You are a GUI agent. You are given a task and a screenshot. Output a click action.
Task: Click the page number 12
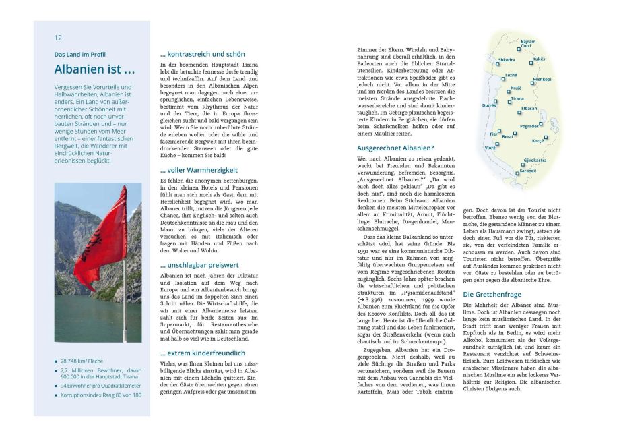point(59,38)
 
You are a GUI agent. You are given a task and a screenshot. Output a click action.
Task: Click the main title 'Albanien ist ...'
point(94,69)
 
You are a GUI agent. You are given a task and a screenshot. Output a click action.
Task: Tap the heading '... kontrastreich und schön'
point(202,54)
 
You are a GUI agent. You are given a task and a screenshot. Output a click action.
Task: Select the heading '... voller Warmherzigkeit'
point(199,171)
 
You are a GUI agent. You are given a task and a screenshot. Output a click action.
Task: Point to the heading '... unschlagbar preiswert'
point(199,266)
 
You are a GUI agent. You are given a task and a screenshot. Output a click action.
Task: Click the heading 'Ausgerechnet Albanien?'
point(395,148)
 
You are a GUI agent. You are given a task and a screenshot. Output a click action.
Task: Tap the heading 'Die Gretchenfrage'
point(492,295)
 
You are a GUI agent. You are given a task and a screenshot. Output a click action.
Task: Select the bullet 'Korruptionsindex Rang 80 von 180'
point(101,395)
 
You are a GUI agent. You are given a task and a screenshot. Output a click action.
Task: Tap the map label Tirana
point(517,98)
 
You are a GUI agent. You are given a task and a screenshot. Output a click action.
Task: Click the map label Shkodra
point(507,60)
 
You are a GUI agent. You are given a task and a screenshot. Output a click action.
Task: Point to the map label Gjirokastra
point(535,161)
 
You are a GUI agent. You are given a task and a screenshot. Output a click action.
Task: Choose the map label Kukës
point(539,59)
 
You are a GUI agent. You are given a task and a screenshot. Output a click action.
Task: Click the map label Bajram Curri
point(528,43)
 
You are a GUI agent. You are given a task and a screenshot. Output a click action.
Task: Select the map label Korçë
point(538,141)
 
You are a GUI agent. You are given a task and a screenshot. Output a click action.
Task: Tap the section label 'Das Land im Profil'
point(80,54)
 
